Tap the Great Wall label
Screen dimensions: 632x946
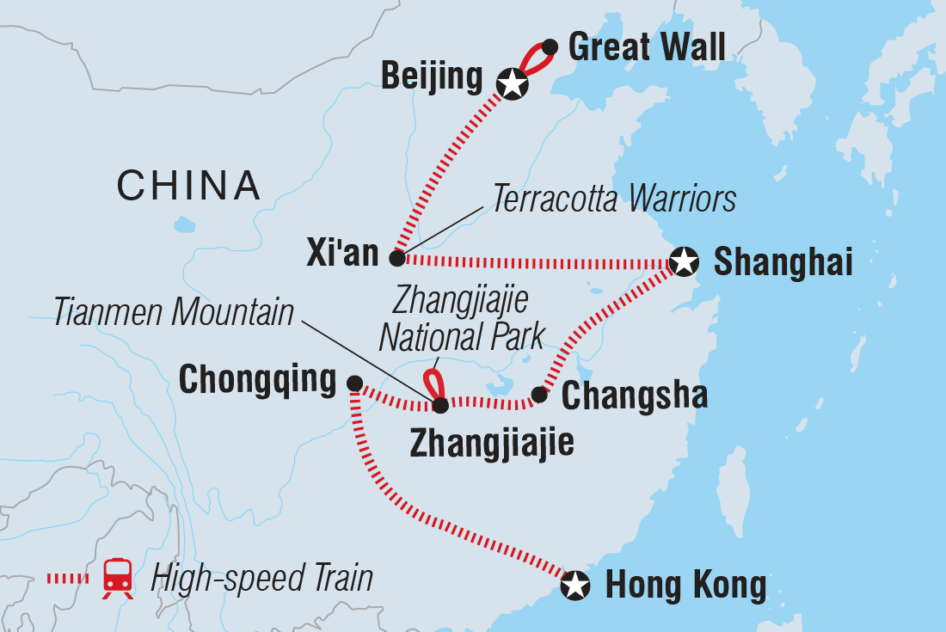pyautogui.click(x=648, y=46)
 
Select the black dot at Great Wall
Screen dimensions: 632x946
pyautogui.click(x=550, y=46)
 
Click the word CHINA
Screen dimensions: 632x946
pyautogui.click(x=189, y=185)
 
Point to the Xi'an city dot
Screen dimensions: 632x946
pyautogui.click(x=396, y=257)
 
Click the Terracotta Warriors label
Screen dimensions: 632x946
pyautogui.click(x=614, y=199)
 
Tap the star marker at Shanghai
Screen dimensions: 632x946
pyautogui.click(x=684, y=261)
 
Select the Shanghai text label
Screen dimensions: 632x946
pyautogui.click(x=783, y=262)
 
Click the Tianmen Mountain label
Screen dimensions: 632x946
pyautogui.click(x=175, y=314)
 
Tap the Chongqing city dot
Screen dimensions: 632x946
pyautogui.click(x=353, y=383)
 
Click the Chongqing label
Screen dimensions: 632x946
pyautogui.click(x=257, y=380)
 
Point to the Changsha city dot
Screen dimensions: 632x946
pyautogui.click(x=539, y=394)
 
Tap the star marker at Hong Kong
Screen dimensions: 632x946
pyautogui.click(x=575, y=586)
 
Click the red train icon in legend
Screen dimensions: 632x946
pyautogui.click(x=117, y=578)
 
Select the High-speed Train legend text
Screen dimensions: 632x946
pyautogui.click(x=261, y=578)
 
